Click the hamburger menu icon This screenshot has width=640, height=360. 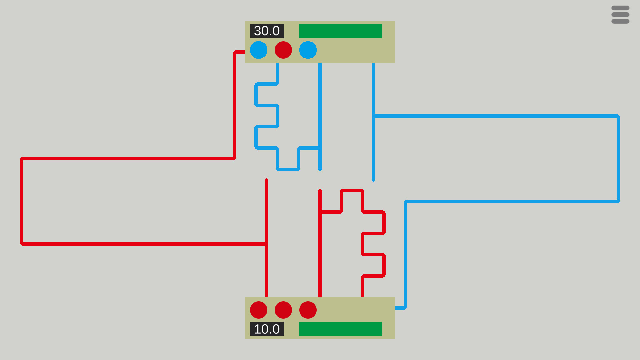tap(620, 15)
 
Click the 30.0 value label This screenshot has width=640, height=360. tap(267, 31)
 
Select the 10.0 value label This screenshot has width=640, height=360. tap(267, 329)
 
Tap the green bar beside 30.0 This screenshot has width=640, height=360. tap(340, 31)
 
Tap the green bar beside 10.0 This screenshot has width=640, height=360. tap(340, 329)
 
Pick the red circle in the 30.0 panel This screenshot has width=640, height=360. tap(283, 50)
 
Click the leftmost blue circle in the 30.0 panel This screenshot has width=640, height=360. tap(259, 50)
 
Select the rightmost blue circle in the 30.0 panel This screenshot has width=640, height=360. tap(308, 50)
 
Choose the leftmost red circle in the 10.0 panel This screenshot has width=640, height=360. tap(259, 310)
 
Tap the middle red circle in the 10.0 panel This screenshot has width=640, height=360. tap(283, 310)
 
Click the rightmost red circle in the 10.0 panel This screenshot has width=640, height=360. tap(308, 310)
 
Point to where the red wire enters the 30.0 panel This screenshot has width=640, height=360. tap(245, 52)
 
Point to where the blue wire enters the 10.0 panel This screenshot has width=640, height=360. tap(395, 308)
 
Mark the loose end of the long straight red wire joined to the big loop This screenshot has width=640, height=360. tap(267, 180)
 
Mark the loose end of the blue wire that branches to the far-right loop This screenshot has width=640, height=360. tap(373, 180)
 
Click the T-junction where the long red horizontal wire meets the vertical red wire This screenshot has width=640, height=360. tap(267, 244)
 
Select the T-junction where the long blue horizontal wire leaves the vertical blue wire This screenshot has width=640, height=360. tap(373, 116)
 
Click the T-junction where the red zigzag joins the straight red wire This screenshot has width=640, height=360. tap(320, 212)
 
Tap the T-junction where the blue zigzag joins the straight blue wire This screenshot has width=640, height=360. tap(320, 148)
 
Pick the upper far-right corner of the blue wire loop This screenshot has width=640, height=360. tap(619, 116)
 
